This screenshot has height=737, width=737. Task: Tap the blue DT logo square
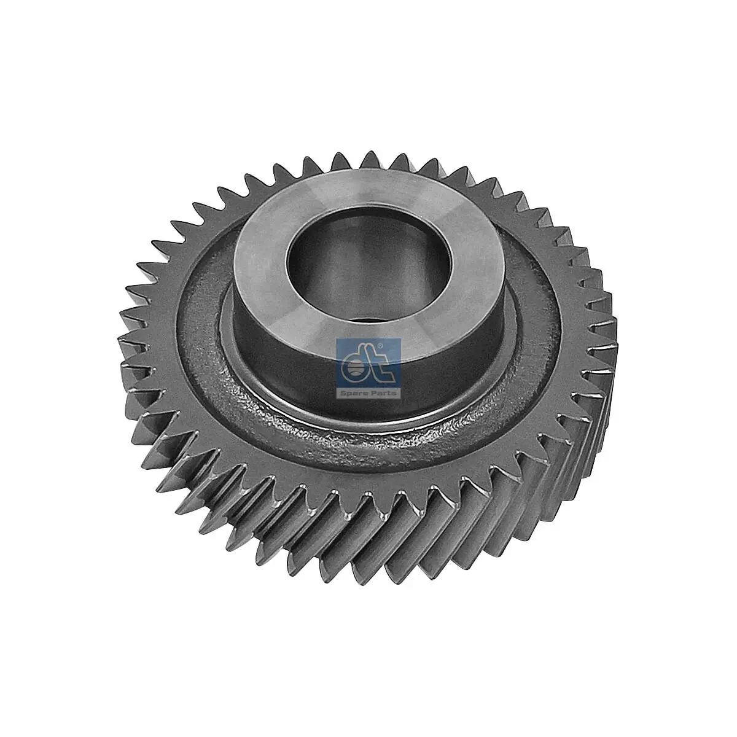click(x=367, y=364)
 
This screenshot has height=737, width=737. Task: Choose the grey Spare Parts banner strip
click(x=367, y=392)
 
